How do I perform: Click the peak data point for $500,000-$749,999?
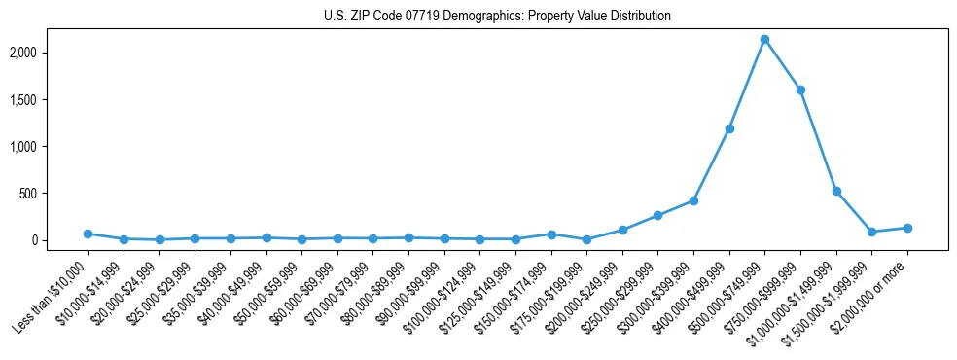point(764,40)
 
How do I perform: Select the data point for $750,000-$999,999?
point(800,90)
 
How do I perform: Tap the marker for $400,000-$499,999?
point(729,128)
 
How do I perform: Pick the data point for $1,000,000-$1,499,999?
point(836,192)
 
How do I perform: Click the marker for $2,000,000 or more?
point(907,228)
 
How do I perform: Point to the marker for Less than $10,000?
point(88,234)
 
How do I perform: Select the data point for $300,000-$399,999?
point(693,200)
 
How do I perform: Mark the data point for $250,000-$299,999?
point(658,215)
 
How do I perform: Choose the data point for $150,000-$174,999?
point(551,234)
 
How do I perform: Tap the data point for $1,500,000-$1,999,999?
point(871,232)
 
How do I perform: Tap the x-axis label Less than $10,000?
point(52,293)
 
